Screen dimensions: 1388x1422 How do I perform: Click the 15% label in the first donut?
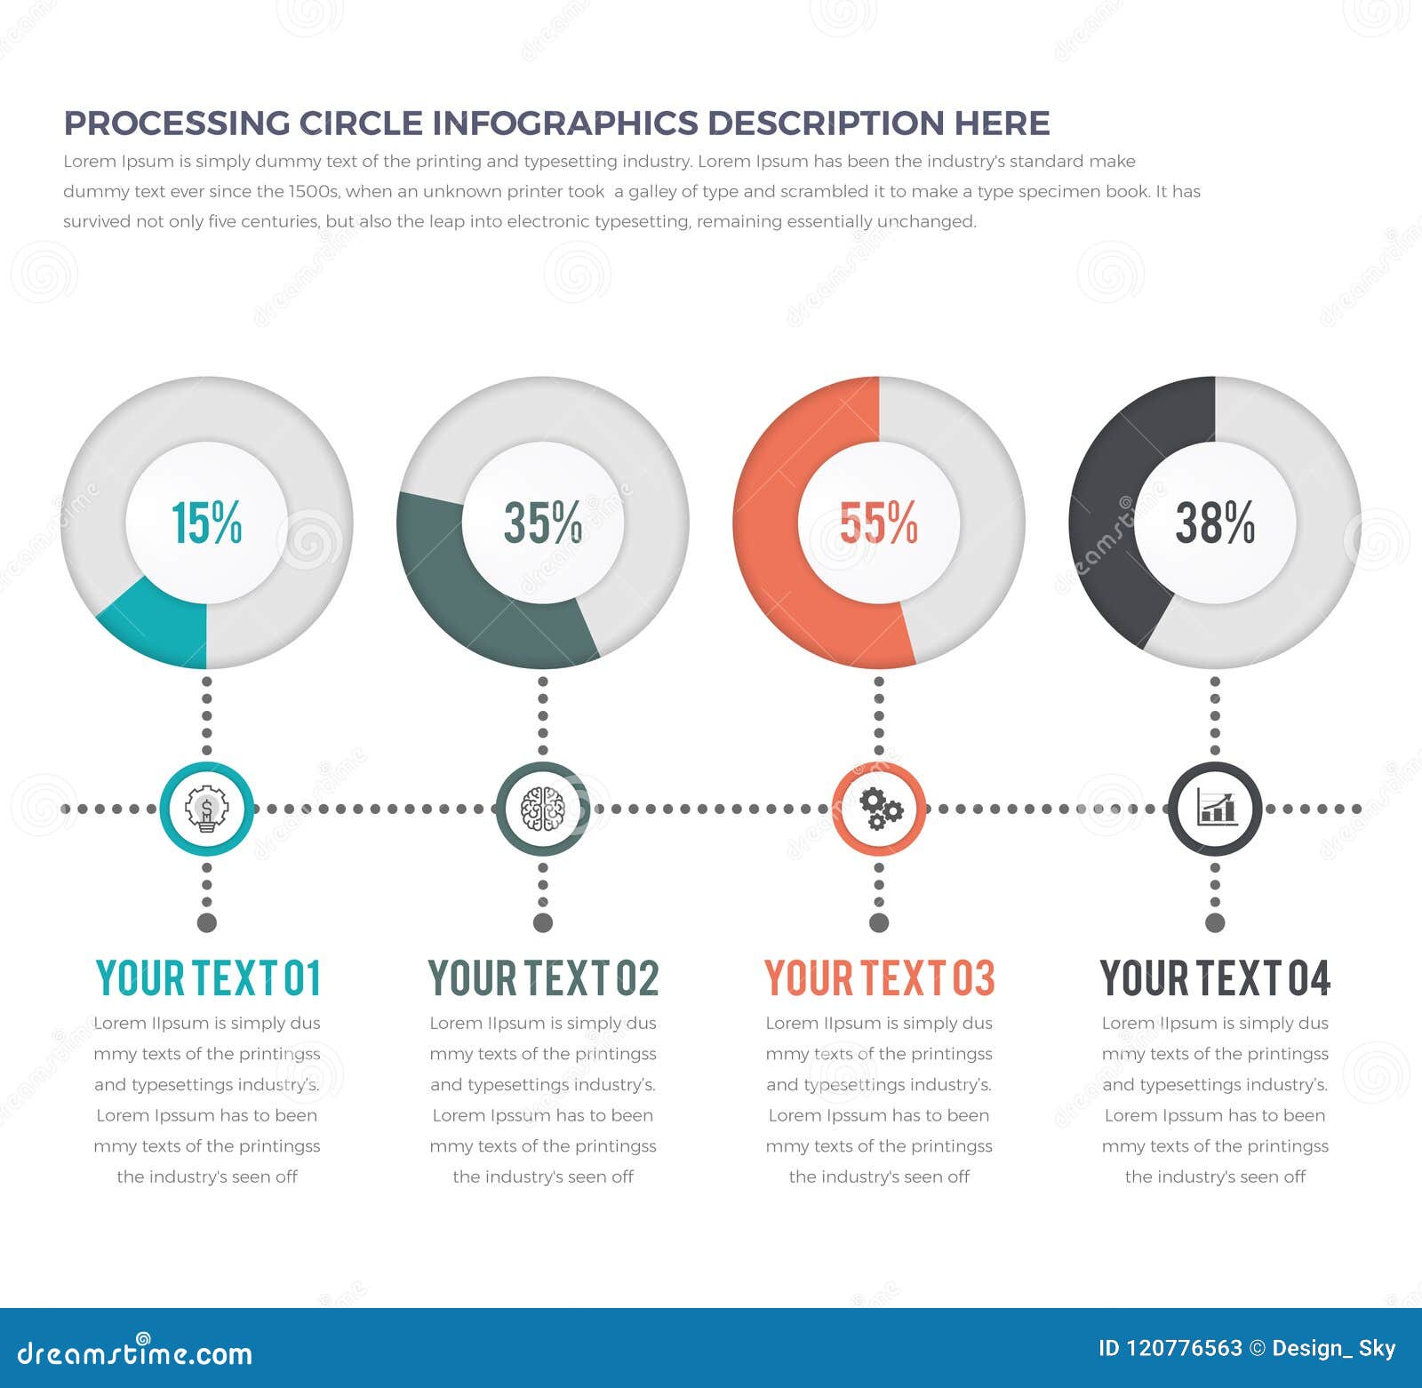point(206,522)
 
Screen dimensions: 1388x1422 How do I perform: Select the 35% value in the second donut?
point(542,522)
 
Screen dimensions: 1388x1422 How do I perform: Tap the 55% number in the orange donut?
point(878,522)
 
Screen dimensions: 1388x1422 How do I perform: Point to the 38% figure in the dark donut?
point(1214,522)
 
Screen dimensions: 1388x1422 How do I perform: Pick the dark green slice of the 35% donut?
point(471,595)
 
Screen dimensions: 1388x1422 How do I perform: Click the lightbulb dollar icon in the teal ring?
point(206,809)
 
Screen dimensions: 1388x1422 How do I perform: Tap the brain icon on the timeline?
point(542,809)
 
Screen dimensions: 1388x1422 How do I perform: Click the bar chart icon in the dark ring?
point(1215,809)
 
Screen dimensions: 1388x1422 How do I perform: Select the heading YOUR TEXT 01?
point(207,978)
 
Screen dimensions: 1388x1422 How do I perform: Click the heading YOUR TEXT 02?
point(543,978)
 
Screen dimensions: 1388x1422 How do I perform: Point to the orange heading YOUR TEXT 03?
point(879,978)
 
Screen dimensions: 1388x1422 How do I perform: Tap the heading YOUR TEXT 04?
point(1215,978)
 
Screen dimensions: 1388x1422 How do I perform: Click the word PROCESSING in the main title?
point(176,124)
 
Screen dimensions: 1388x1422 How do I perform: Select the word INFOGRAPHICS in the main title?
point(564,124)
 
